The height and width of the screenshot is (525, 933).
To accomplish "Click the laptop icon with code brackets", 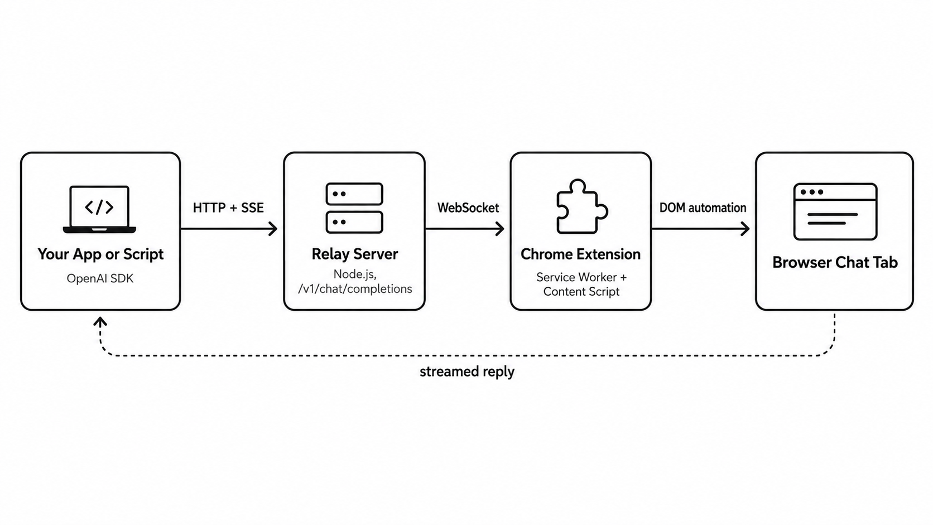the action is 99,209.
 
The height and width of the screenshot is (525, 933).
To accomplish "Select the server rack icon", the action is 354,208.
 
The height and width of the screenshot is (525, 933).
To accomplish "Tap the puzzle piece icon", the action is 582,206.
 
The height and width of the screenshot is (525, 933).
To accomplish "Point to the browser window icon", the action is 835,211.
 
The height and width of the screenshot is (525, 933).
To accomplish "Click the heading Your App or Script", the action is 100,254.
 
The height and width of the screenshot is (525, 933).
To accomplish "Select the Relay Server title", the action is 354,254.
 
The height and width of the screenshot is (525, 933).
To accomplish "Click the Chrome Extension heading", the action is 581,254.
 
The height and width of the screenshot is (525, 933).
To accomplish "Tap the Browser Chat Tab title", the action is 835,262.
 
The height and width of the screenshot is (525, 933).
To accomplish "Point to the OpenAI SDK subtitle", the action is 100,278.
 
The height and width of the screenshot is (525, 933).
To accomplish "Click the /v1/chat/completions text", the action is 355,289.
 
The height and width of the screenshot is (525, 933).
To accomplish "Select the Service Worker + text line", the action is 581,277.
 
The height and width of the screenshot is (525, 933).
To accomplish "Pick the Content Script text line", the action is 581,291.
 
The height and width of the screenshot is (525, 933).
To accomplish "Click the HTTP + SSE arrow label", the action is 228,208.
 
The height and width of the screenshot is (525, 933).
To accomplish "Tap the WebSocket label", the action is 468,208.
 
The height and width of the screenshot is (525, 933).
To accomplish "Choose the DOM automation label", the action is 703,208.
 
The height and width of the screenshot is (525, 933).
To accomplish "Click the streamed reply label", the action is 467,372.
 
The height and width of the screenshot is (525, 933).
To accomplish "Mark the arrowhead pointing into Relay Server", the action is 273,229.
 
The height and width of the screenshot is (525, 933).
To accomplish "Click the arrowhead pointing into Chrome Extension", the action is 499,229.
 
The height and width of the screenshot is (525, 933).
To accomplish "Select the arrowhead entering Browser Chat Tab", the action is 745,229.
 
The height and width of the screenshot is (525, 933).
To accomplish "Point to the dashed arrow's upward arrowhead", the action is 100,321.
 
